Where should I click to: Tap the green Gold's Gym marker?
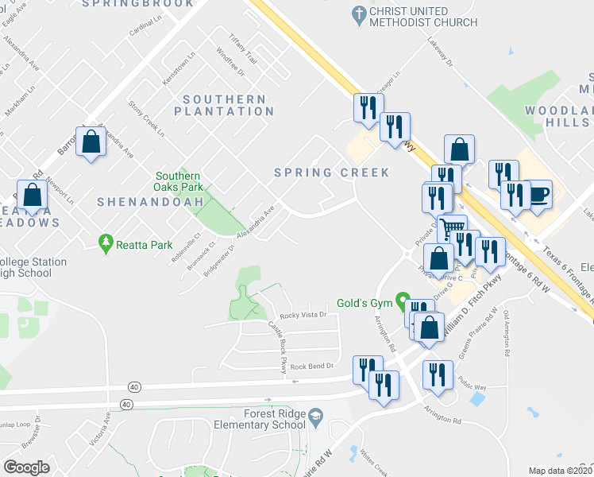click(403, 302)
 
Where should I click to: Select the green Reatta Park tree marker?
click(105, 242)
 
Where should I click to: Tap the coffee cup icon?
click(539, 194)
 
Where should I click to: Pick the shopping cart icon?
click(452, 228)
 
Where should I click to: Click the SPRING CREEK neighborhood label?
click(331, 173)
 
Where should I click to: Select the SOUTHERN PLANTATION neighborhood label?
click(224, 105)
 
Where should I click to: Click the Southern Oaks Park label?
click(178, 181)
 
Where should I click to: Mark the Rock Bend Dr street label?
click(311, 366)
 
